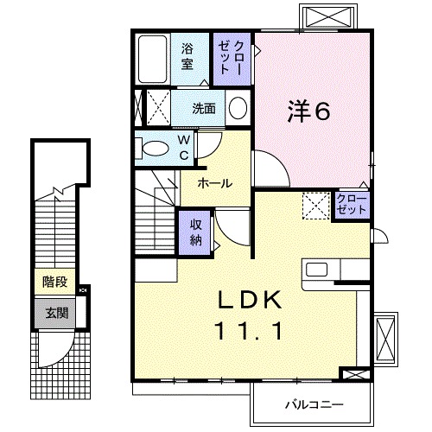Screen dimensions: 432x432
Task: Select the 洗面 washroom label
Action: (x=204, y=109)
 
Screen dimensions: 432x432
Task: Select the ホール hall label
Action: (x=214, y=183)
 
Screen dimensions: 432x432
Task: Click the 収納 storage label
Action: (x=196, y=232)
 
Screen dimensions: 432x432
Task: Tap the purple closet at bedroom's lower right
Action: (x=352, y=205)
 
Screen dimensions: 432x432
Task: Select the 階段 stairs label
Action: (x=54, y=282)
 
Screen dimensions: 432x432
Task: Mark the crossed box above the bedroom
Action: (x=329, y=16)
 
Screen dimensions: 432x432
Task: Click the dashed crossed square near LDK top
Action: (x=315, y=206)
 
